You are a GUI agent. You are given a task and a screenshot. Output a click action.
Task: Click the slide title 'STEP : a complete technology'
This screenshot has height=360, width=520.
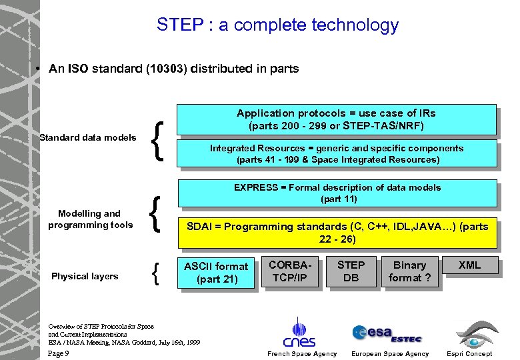(x=277, y=26)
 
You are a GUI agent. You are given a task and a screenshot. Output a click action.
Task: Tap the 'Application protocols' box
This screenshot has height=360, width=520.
(x=337, y=119)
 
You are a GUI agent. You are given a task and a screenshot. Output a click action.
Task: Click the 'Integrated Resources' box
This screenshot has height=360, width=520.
(x=337, y=153)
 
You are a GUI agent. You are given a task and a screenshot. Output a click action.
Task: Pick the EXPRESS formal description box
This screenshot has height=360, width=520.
(x=337, y=193)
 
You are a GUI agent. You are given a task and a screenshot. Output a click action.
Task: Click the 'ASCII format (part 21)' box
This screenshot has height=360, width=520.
(x=216, y=272)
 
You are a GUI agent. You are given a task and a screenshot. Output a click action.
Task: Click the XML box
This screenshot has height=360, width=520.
(x=469, y=265)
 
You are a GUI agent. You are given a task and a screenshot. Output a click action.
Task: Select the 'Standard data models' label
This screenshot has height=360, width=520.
(x=87, y=138)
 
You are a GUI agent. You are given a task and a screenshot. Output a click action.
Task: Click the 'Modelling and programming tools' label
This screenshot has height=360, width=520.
(x=89, y=219)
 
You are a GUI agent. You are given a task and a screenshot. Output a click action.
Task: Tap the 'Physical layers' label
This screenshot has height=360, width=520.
(x=85, y=276)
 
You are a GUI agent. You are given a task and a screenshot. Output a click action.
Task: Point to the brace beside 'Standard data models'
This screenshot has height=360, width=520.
(x=158, y=138)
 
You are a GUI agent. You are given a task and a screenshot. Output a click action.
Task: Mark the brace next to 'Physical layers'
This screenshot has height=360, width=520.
(x=156, y=274)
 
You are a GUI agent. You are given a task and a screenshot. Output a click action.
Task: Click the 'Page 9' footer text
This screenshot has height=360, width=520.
(x=59, y=353)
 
